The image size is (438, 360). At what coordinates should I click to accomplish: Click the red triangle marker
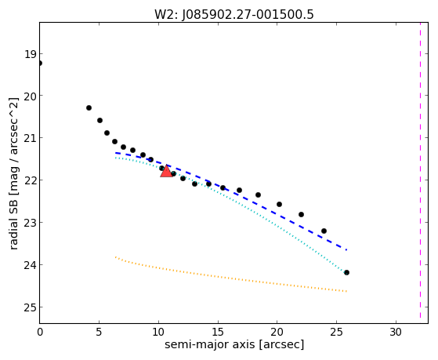166,171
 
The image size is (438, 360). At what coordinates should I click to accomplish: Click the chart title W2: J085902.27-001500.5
234,14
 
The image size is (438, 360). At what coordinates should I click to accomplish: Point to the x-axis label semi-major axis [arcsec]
234,344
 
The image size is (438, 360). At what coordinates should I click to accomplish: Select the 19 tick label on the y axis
30,54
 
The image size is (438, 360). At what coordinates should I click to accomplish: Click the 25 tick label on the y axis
30,307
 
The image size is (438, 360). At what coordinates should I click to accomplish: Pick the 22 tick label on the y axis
30,180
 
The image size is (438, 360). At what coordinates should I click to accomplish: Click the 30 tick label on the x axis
396,332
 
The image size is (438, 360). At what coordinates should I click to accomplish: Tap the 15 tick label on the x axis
218,332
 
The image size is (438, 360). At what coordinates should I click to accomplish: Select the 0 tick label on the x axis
40,332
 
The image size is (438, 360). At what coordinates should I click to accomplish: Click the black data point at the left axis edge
40,64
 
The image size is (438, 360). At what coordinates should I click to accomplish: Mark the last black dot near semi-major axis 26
346,272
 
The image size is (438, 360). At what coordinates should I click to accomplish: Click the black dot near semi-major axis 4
89,107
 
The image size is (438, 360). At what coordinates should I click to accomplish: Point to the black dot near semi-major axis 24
324,231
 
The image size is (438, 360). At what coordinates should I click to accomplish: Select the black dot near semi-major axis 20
279,204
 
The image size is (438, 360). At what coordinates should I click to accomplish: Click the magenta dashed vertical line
420,170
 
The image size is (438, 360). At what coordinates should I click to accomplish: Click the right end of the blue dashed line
346,249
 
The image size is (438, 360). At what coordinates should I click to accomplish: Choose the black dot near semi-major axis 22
301,215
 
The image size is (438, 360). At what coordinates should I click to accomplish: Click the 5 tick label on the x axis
99,332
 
